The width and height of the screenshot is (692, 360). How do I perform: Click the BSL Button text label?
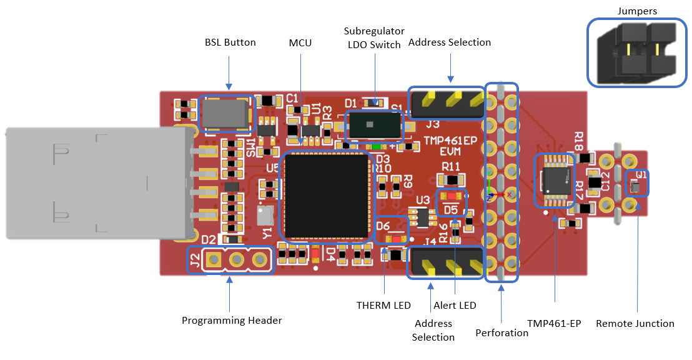230,42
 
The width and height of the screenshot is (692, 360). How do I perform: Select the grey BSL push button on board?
225,114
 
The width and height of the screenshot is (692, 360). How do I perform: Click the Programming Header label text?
232,320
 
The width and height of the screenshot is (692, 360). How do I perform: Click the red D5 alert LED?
451,196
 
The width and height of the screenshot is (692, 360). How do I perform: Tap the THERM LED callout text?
383,305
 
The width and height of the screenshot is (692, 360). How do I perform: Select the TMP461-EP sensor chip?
555,181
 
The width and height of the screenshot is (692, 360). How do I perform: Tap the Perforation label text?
502,332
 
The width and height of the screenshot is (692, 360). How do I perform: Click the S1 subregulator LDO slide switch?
373,125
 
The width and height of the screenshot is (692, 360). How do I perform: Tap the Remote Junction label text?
635,323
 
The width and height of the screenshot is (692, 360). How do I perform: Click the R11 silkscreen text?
450,167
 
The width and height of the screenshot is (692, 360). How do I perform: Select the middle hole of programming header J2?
237,259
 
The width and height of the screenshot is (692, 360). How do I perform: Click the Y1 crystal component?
265,216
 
